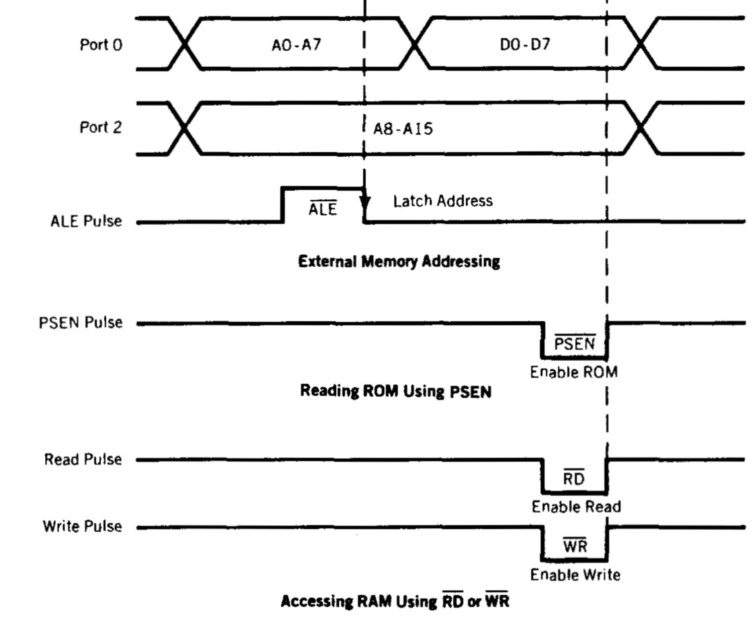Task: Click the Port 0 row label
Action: [x=101, y=45]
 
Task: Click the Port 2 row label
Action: [x=100, y=127]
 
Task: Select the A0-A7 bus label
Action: [x=296, y=45]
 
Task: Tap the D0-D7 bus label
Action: [x=525, y=44]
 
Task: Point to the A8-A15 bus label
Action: [x=403, y=129]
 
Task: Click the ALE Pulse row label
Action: [x=86, y=221]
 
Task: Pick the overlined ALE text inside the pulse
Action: [x=323, y=209]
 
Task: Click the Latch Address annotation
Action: [x=443, y=201]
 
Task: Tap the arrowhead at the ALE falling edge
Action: [x=365, y=203]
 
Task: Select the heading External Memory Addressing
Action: [x=399, y=262]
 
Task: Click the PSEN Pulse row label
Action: [x=80, y=323]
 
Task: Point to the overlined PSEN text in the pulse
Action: [x=575, y=343]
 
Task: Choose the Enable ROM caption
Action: [x=574, y=372]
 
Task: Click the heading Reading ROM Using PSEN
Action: [x=396, y=391]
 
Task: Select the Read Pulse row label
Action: [x=83, y=460]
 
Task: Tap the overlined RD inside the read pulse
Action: [x=574, y=478]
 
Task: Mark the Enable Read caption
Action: [x=576, y=507]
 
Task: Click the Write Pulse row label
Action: [x=82, y=526]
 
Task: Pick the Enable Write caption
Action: [x=575, y=575]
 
